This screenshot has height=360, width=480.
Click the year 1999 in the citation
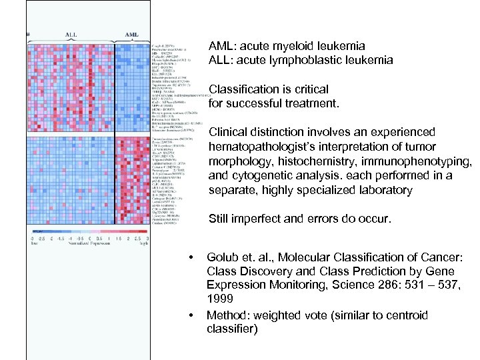(221, 300)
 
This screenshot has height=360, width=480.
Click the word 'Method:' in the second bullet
(228, 315)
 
